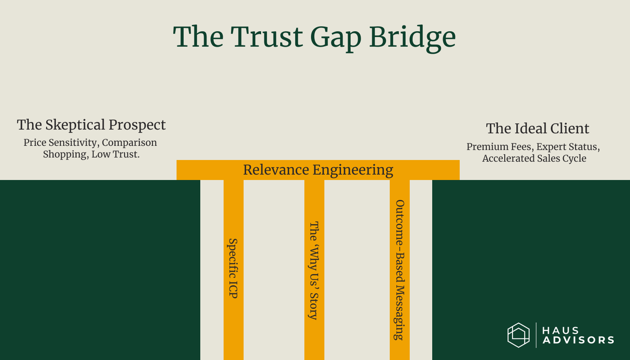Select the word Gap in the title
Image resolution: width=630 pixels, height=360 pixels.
click(336, 37)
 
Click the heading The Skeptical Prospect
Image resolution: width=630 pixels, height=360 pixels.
click(91, 125)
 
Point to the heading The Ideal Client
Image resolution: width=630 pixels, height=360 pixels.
click(538, 128)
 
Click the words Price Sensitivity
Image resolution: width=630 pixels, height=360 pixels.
click(60, 142)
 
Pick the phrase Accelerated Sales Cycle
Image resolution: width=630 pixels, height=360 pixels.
click(534, 158)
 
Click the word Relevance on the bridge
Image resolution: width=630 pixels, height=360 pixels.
click(275, 170)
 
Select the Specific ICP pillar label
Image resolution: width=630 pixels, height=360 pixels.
click(233, 268)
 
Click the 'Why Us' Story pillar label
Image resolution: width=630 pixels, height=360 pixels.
click(314, 270)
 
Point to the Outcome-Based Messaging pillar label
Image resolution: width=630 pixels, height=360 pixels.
click(400, 270)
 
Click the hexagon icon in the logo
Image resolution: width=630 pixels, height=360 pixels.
click(518, 335)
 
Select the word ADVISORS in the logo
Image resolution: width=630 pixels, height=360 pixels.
click(578, 340)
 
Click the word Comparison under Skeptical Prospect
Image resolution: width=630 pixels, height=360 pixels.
click(129, 142)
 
